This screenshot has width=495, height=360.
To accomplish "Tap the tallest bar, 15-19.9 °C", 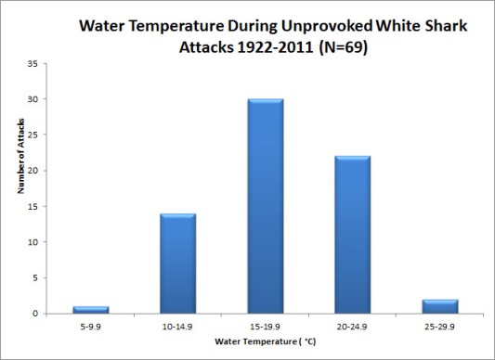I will [x=265, y=206].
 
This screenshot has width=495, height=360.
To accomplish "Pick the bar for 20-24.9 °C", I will [x=352, y=235].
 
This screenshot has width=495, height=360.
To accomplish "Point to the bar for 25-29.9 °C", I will [x=439, y=306].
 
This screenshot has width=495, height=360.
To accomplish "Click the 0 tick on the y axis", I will [x=34, y=314].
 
